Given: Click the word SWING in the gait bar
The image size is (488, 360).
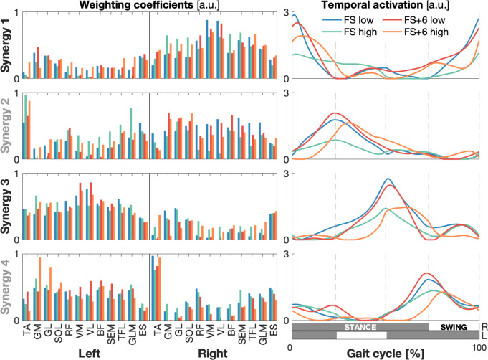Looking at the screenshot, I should click(453, 326).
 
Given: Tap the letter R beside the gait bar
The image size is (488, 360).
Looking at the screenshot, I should click(484, 326).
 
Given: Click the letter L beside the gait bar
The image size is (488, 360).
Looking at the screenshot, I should click(484, 335).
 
